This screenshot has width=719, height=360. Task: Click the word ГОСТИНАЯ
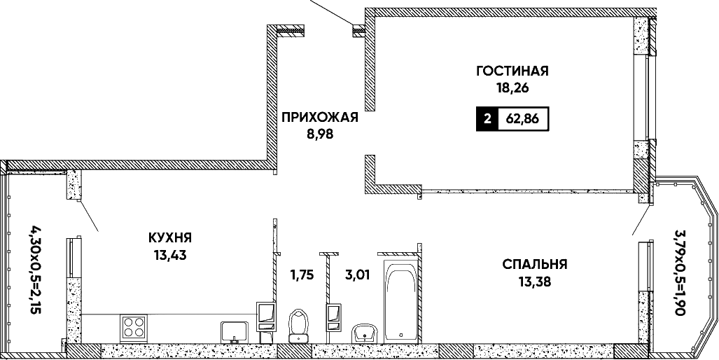tap(512, 71)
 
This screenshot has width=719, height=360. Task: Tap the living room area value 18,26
tap(512, 88)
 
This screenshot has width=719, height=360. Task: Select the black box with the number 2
tap(487, 120)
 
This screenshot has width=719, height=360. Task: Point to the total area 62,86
tap(522, 120)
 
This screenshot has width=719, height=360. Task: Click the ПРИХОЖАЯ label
tap(320, 118)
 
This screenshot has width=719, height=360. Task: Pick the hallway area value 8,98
tap(320, 135)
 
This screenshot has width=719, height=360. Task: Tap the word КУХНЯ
tap(169, 237)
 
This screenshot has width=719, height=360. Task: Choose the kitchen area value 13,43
tap(169, 254)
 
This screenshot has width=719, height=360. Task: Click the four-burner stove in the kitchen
tap(134, 328)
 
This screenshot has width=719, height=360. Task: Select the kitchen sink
tap(235, 331)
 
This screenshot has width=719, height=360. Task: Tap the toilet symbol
tap(298, 326)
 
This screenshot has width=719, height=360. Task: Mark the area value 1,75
tap(301, 275)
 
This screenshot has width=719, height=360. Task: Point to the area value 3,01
tap(357, 275)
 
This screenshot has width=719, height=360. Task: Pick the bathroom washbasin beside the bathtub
tap(365, 333)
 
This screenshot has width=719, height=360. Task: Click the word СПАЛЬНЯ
tap(535, 265)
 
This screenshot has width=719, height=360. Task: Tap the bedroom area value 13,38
tap(535, 282)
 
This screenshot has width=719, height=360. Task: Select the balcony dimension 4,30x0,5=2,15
tap(36, 269)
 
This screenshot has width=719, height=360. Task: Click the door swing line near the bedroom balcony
tap(641, 219)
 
